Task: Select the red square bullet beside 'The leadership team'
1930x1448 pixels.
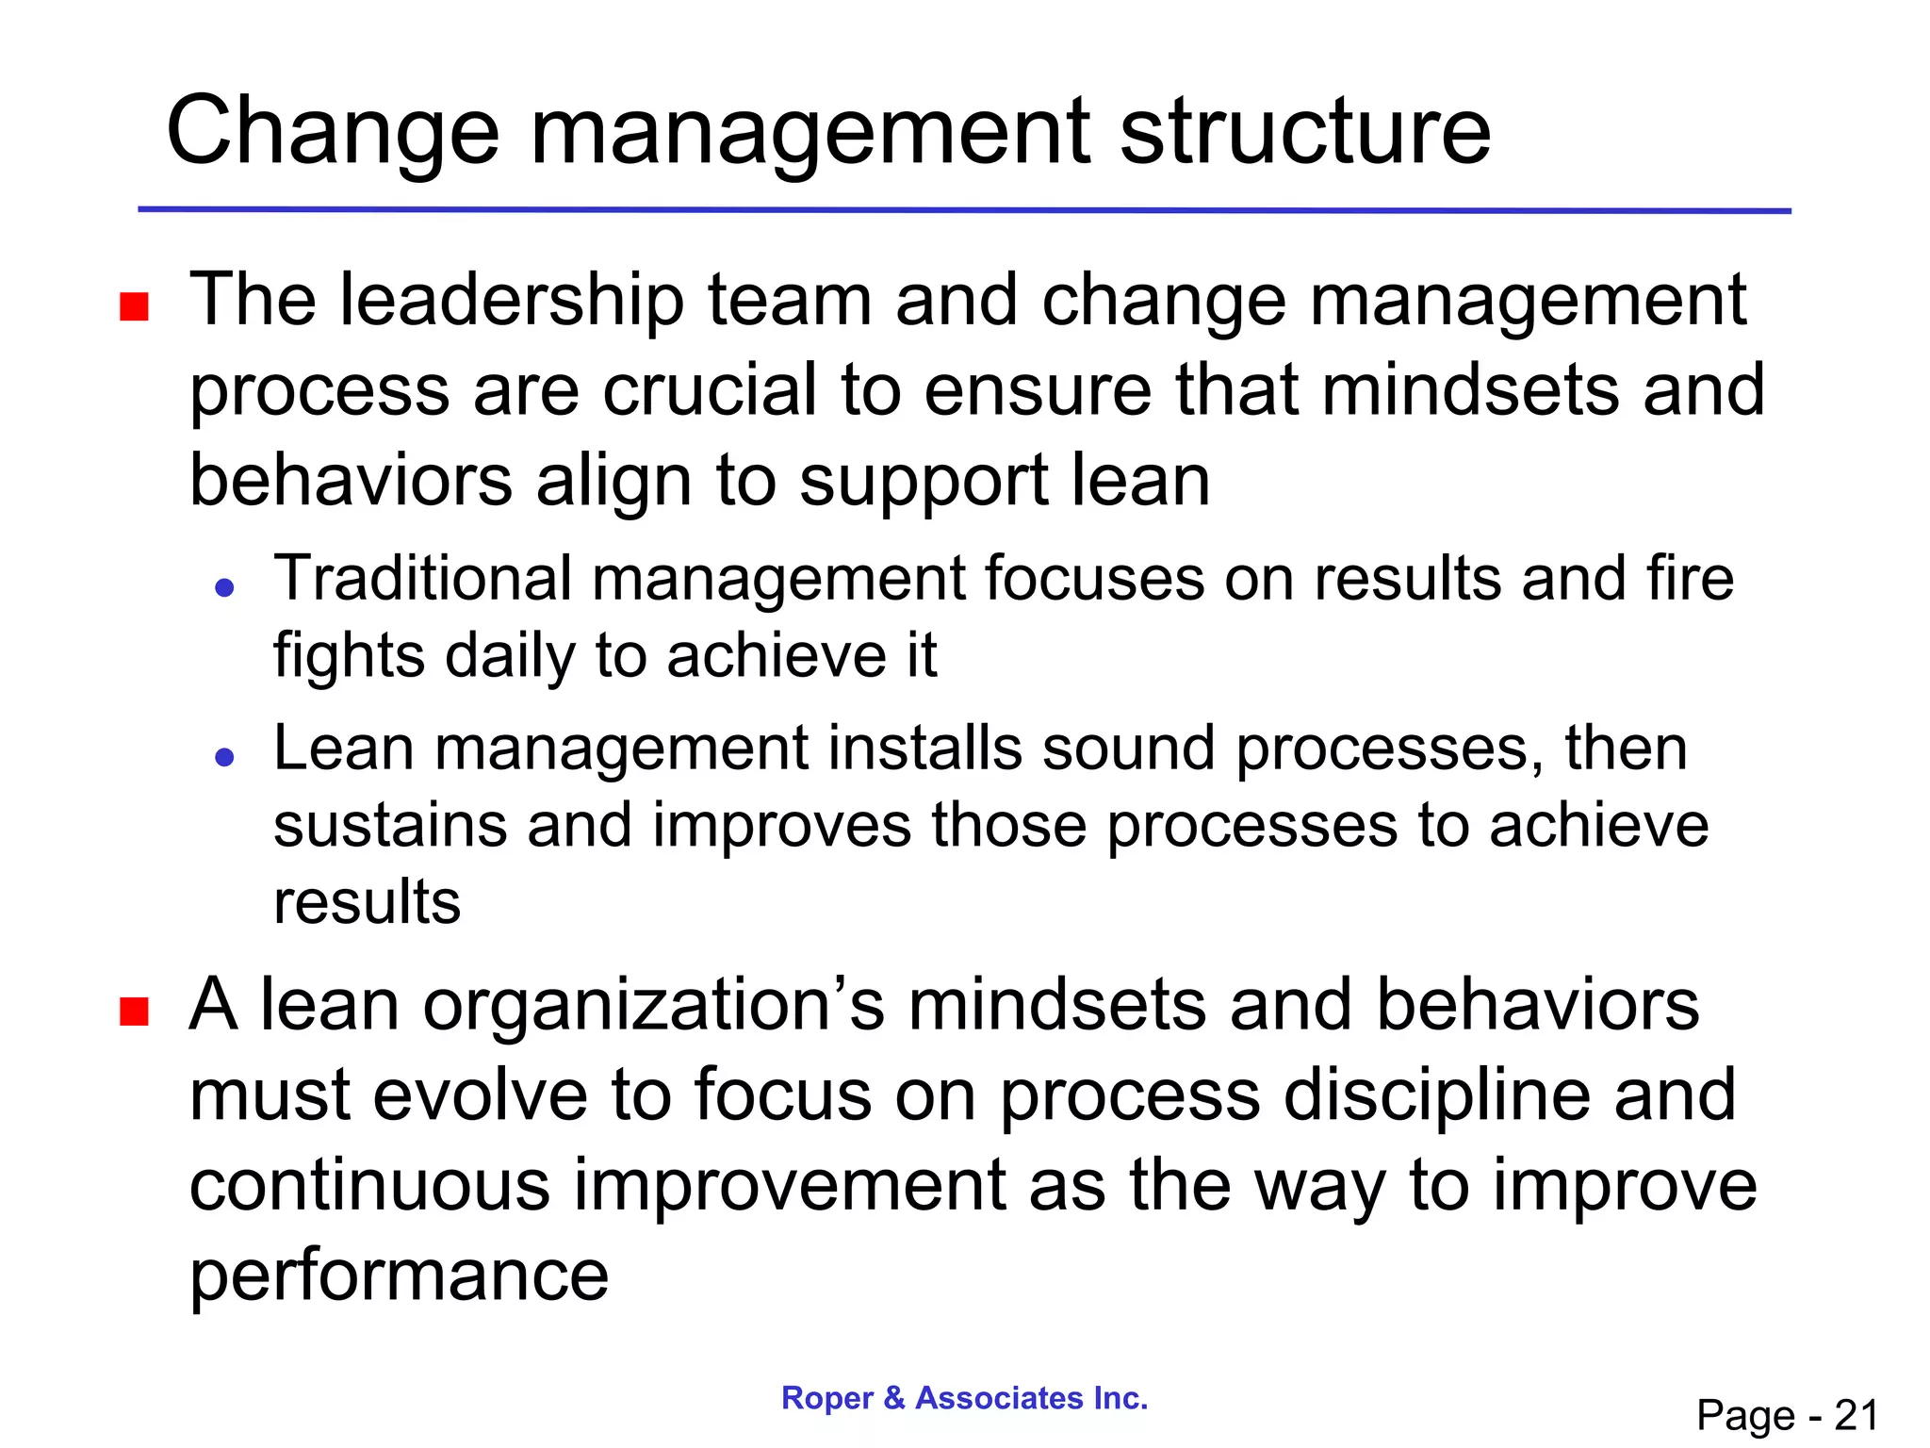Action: point(135,307)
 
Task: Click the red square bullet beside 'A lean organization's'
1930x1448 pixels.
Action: point(135,1012)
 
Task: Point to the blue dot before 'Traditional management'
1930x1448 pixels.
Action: point(224,589)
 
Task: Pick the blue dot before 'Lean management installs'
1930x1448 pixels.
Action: point(224,757)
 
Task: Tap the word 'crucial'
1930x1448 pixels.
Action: point(709,390)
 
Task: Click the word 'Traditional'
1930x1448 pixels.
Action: point(422,578)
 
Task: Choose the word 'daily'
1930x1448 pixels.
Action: point(509,657)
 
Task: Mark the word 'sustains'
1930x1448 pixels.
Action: point(388,826)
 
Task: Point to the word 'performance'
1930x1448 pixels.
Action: point(400,1276)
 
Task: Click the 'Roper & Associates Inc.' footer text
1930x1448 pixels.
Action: point(965,1398)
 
